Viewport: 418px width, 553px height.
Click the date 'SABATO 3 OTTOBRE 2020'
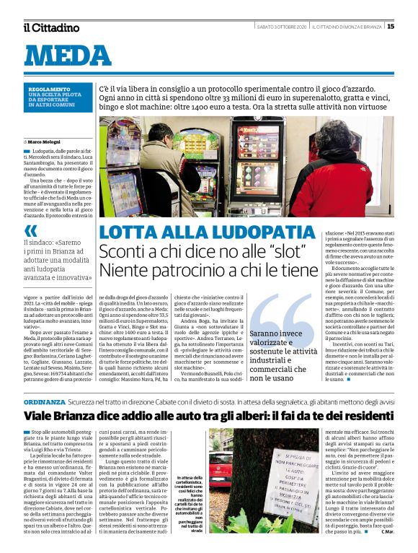pyautogui.click(x=283, y=26)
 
